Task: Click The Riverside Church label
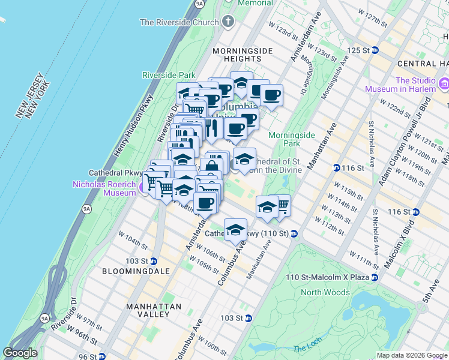pos(179,23)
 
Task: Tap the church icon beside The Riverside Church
pos(228,22)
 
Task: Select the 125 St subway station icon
pos(375,50)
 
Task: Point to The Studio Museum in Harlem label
pos(402,85)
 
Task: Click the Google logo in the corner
pos(20,353)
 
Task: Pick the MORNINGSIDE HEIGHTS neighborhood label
pos(243,56)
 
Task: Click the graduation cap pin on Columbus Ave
pos(236,229)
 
